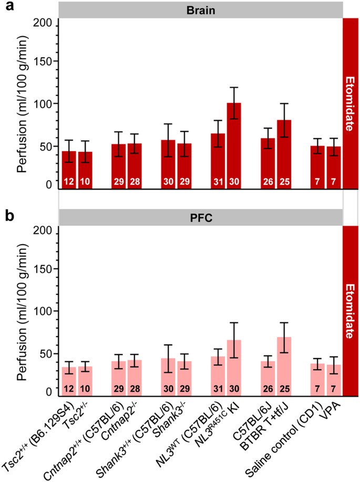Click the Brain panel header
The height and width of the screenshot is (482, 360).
200,9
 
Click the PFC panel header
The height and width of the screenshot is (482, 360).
200,216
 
